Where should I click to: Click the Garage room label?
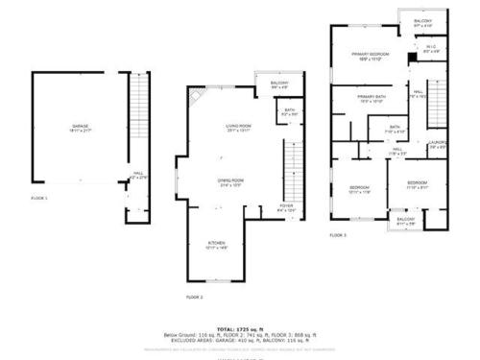tap(80, 129)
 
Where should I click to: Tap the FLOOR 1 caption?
tap(39, 198)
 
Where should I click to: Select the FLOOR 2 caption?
tap(195, 298)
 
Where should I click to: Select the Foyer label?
tap(286, 207)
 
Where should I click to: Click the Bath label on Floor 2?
tap(290, 111)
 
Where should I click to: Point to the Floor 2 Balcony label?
tap(279, 85)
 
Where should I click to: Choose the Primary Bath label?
tap(372, 99)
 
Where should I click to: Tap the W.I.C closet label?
tap(431, 49)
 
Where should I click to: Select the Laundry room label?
tap(438, 145)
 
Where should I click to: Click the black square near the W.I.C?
tap(411, 57)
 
